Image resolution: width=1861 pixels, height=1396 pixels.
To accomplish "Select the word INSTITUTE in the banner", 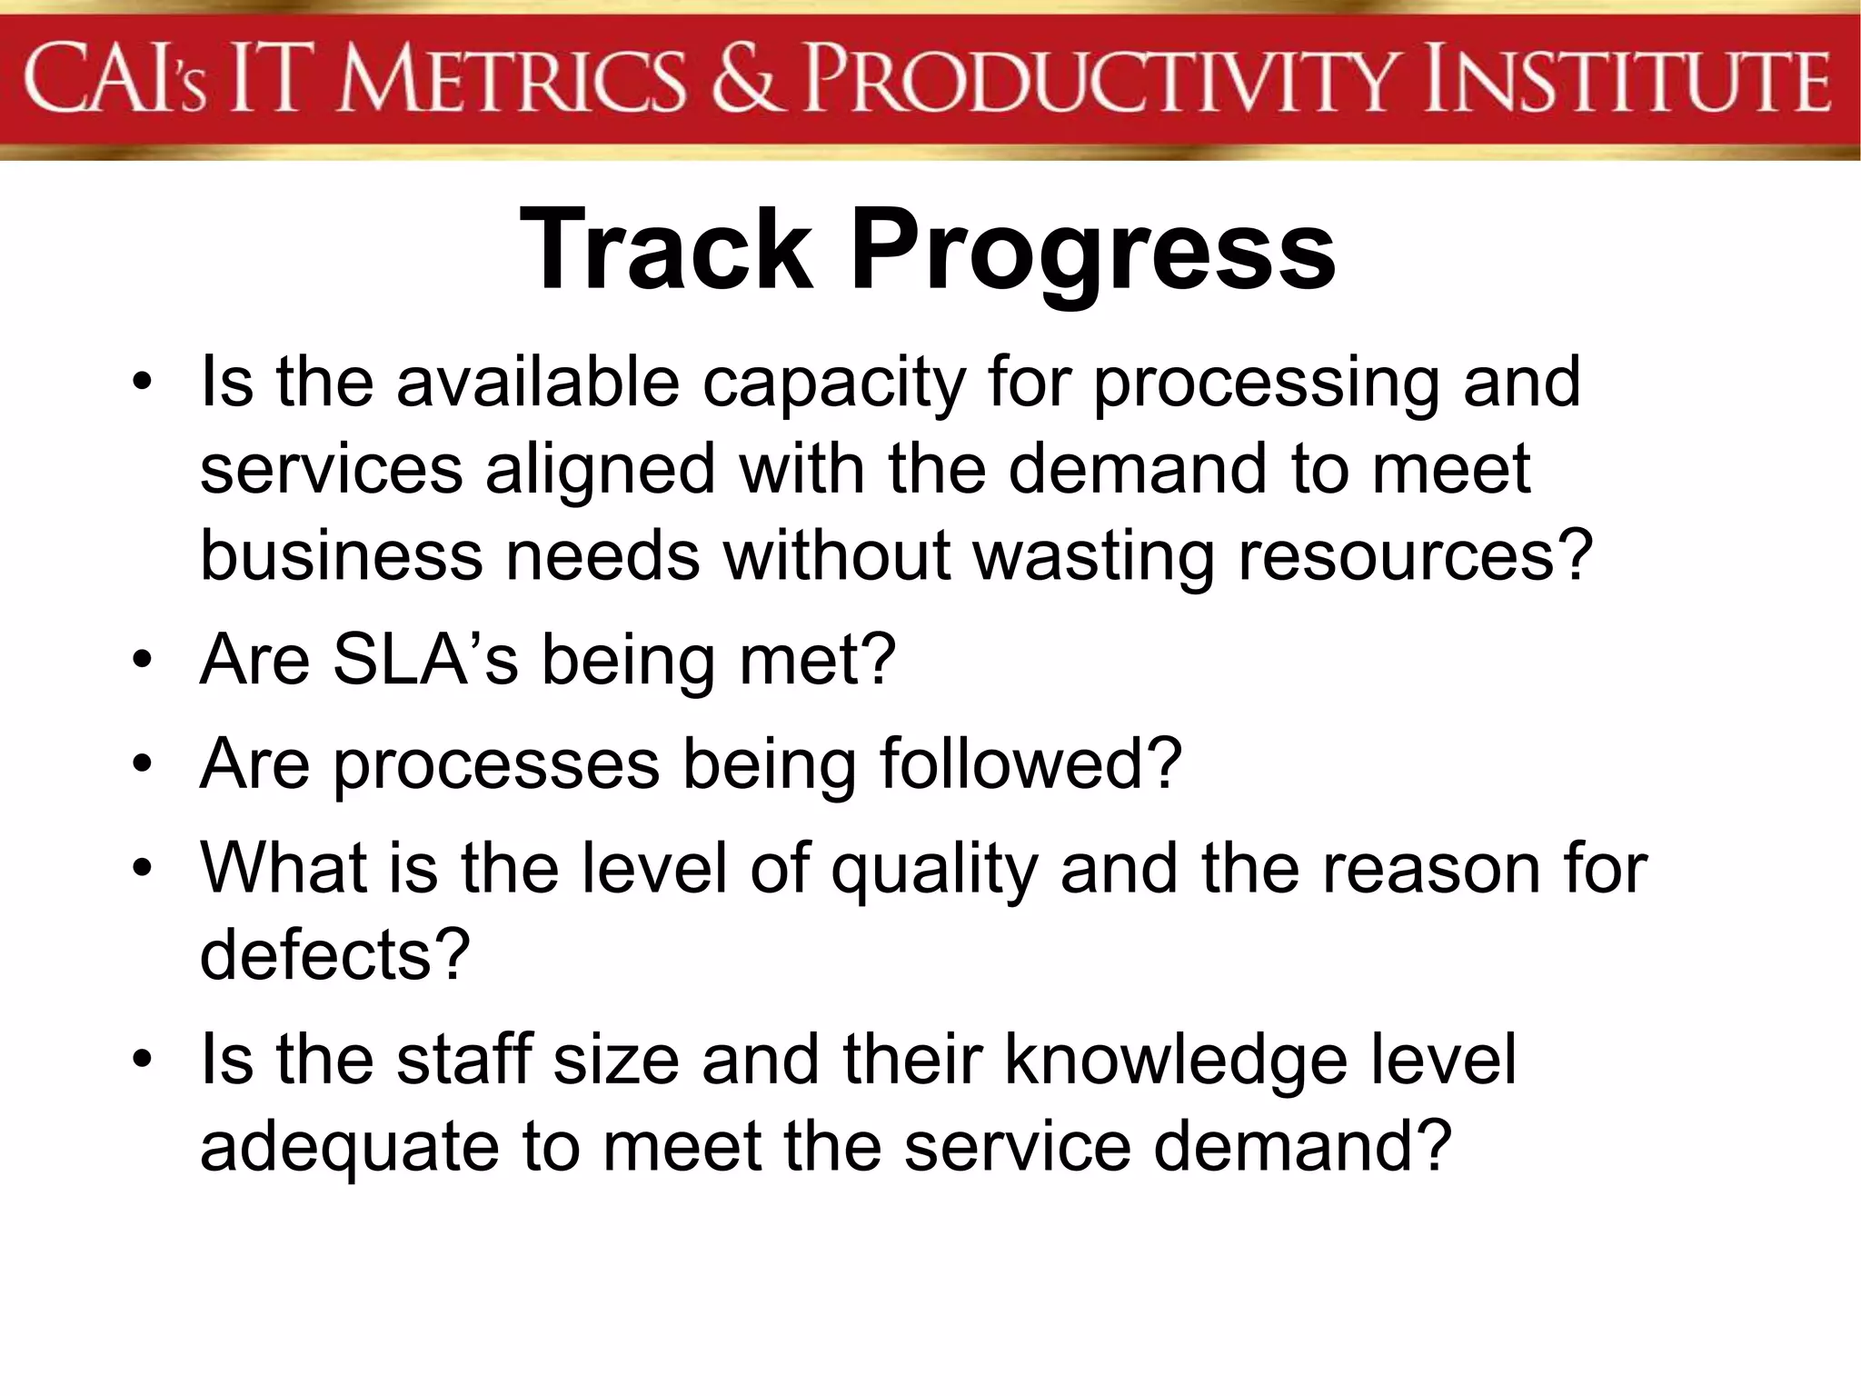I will (1627, 82).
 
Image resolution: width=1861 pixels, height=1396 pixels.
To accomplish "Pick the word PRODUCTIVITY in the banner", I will (1104, 82).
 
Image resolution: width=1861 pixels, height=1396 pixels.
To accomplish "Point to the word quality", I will (933, 871).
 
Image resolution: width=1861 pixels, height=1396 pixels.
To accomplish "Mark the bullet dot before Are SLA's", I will (141, 661).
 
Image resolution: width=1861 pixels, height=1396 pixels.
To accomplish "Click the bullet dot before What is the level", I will (141, 869).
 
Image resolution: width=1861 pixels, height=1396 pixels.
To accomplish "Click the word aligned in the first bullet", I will (600, 471).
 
